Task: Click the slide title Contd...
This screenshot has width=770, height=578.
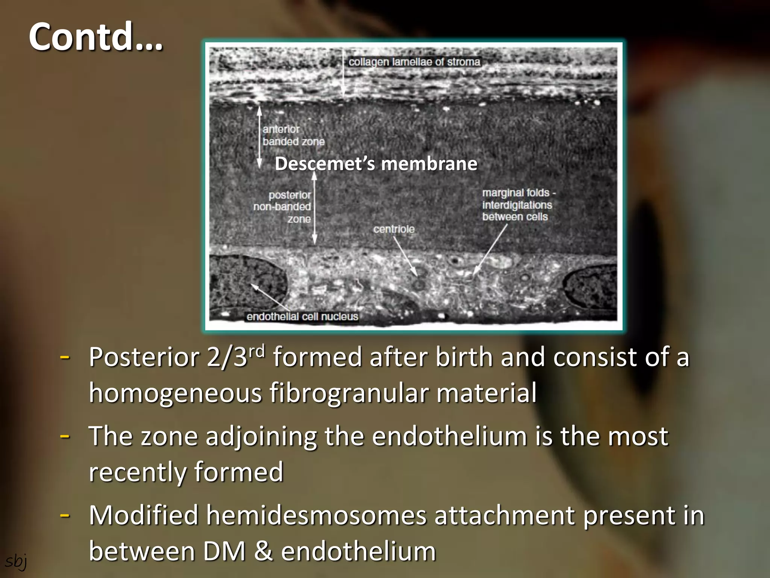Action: click(x=96, y=37)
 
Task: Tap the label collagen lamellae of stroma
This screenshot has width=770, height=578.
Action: click(x=414, y=62)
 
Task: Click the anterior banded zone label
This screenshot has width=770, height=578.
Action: click(x=293, y=135)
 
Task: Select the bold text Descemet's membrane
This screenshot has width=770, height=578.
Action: click(x=376, y=164)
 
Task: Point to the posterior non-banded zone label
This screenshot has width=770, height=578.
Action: click(x=283, y=207)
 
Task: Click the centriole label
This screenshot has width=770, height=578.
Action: click(x=394, y=229)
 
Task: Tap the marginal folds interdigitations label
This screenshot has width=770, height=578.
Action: click(x=518, y=205)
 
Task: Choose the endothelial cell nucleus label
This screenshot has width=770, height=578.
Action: click(x=302, y=316)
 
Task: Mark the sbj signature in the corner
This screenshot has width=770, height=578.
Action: click(x=15, y=561)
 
